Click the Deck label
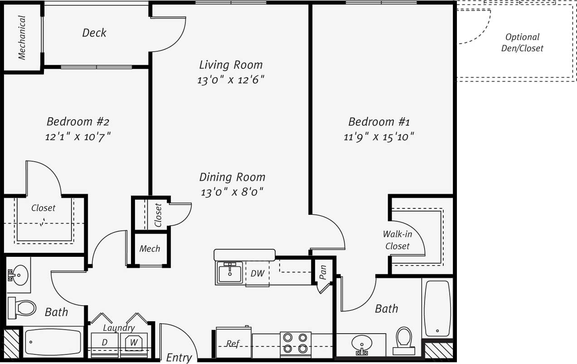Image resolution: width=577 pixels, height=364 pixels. click(x=94, y=33)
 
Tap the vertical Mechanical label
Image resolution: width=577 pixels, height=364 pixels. click(x=22, y=38)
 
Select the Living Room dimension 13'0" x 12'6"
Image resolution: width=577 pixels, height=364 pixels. click(x=231, y=80)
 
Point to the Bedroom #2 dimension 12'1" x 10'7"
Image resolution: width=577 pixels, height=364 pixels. click(x=78, y=136)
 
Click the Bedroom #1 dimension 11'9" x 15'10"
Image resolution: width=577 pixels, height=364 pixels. click(x=379, y=136)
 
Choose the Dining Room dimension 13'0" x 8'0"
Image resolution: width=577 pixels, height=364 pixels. click(x=232, y=192)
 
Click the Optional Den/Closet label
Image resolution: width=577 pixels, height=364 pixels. click(x=522, y=43)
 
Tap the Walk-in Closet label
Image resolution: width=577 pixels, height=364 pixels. click(x=397, y=240)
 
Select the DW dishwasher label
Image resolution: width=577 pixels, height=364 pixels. click(x=257, y=274)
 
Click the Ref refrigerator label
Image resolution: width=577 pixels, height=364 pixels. click(x=233, y=344)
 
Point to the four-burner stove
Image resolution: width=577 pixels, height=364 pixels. click(x=295, y=343)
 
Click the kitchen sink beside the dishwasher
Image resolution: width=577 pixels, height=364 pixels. click(x=229, y=273)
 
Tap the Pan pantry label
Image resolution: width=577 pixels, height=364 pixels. click(x=323, y=272)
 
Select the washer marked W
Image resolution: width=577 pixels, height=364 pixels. click(x=134, y=343)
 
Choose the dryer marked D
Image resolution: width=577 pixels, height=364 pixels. click(x=104, y=343)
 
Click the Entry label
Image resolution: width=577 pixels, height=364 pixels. click(x=179, y=357)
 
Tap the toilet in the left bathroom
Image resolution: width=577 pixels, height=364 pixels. click(x=23, y=308)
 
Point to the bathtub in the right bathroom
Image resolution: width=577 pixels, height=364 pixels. click(x=437, y=308)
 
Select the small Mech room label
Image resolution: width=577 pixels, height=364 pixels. click(x=150, y=249)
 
